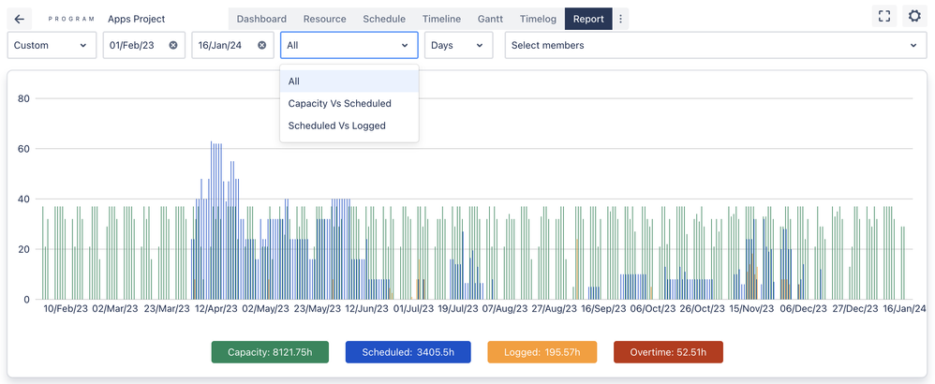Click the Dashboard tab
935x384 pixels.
point(261,19)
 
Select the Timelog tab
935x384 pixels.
point(537,19)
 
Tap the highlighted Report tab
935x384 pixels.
point(588,19)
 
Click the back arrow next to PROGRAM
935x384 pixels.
point(20,19)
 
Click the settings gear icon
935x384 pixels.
point(914,16)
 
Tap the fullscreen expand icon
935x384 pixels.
point(883,16)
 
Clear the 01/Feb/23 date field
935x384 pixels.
point(173,45)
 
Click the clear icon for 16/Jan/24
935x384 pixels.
point(261,45)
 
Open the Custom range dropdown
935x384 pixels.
point(52,45)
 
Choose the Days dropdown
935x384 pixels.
point(458,45)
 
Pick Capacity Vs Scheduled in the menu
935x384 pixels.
point(340,103)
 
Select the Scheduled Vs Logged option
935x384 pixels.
point(337,126)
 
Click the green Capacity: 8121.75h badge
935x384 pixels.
point(270,352)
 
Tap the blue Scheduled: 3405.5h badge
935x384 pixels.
point(408,352)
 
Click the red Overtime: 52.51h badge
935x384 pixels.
point(668,352)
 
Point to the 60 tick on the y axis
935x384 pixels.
point(24,149)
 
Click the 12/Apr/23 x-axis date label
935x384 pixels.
point(215,308)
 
